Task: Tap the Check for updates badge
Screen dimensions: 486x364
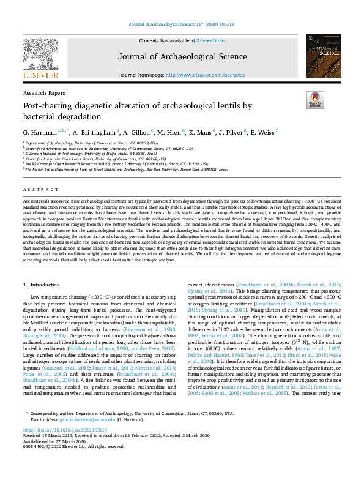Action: click(316, 100)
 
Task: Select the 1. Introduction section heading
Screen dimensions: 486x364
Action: click(42, 285)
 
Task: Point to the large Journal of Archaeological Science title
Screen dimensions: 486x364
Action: click(182, 58)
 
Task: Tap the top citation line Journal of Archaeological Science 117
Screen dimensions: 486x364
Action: click(182, 24)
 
